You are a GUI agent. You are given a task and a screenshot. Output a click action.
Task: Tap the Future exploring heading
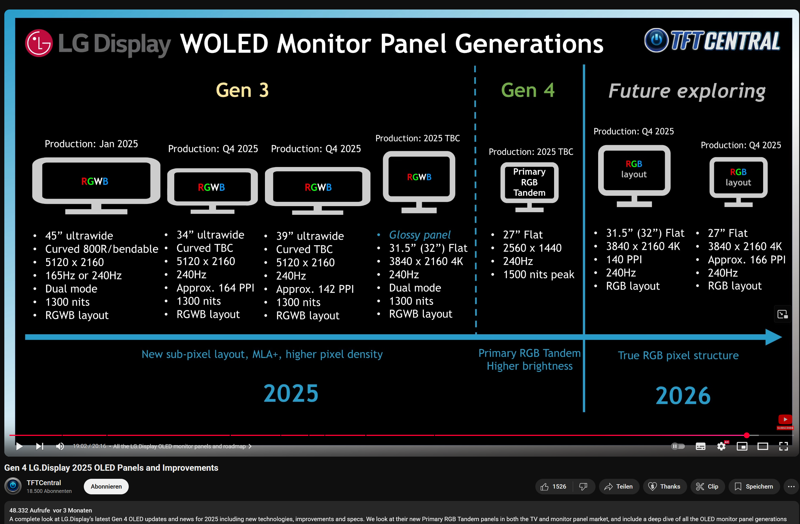tap(687, 91)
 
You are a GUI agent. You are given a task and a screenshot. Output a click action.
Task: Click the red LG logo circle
tap(39, 43)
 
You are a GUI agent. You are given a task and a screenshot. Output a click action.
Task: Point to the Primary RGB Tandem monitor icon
tap(529, 187)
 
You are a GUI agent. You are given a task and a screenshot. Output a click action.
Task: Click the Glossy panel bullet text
tap(420, 235)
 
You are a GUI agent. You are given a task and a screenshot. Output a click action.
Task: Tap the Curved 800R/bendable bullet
tap(102, 249)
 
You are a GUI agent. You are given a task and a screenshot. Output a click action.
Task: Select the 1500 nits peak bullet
tap(539, 275)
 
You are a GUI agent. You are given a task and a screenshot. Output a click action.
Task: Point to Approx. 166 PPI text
tap(746, 259)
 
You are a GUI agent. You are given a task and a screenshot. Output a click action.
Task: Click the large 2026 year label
tap(683, 395)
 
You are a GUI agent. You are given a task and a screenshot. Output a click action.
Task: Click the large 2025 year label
tap(291, 393)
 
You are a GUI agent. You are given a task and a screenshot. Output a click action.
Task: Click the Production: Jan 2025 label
tap(91, 144)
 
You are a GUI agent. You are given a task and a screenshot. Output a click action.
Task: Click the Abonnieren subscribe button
tap(106, 486)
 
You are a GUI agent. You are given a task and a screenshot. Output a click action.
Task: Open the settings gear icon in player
tap(721, 446)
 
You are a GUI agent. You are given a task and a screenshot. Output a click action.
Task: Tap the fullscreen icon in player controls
tap(784, 446)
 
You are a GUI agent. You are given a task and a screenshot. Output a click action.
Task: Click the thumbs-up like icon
tap(545, 486)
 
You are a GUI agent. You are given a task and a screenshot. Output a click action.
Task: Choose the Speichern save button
tap(754, 486)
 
